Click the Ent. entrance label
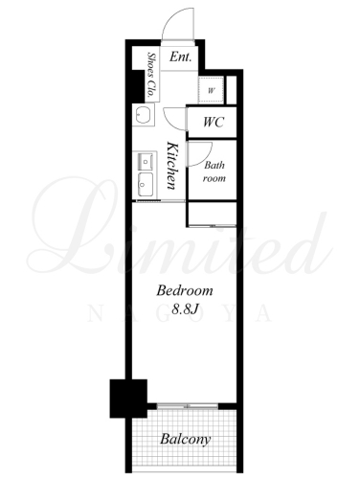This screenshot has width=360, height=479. (x=180, y=57)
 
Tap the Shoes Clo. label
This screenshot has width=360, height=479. (x=150, y=75)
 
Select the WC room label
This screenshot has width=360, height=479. (x=214, y=122)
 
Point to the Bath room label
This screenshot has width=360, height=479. (x=214, y=171)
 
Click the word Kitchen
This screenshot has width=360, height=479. (x=172, y=166)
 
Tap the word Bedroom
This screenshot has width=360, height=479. (x=185, y=290)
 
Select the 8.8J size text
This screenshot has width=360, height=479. (x=185, y=309)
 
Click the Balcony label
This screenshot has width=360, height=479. (x=186, y=439)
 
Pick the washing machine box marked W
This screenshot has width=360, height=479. (x=211, y=90)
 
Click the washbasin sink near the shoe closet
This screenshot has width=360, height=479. (x=144, y=115)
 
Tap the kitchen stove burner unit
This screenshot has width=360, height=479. (x=146, y=162)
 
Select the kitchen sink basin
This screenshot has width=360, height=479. (x=146, y=185)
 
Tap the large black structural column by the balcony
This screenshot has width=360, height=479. (x=128, y=399)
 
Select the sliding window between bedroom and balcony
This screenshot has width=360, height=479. (x=188, y=406)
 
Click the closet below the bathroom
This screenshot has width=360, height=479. (x=213, y=214)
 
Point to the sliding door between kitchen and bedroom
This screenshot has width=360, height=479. (x=160, y=200)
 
